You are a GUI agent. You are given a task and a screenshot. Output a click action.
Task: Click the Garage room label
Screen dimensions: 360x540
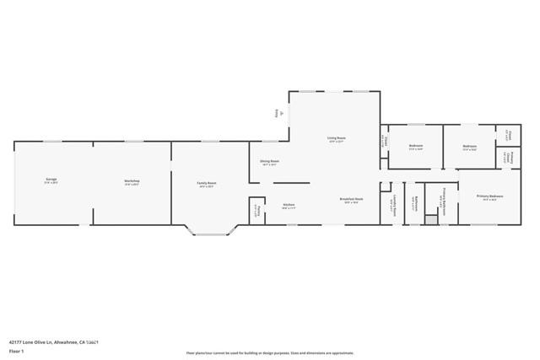51,180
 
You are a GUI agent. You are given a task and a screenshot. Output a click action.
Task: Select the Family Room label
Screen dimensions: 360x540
208,183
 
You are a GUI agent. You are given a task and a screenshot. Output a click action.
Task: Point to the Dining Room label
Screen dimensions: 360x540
269,161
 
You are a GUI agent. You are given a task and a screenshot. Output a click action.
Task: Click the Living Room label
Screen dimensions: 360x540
336,139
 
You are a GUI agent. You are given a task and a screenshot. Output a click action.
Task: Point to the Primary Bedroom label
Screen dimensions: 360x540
489,197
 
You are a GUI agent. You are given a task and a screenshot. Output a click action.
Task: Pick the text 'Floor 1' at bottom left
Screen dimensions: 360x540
16,349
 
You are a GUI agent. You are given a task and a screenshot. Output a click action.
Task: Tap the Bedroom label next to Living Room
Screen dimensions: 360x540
415,147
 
